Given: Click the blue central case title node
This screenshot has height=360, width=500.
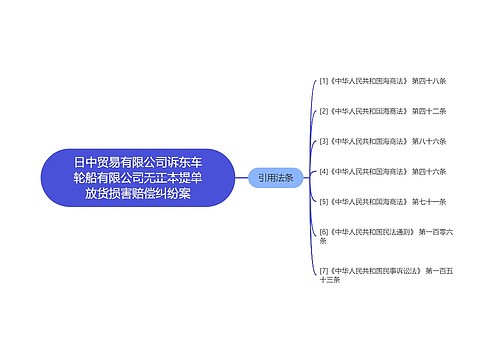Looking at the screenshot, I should (x=137, y=177).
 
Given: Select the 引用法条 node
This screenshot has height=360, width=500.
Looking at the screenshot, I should (x=275, y=177).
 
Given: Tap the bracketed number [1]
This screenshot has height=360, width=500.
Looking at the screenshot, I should (x=323, y=81).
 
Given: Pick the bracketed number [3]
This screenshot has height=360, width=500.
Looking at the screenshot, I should (x=323, y=141).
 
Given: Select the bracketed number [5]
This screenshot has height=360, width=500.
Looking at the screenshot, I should (x=323, y=201).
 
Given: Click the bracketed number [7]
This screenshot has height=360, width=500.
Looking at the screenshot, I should (x=323, y=270).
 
